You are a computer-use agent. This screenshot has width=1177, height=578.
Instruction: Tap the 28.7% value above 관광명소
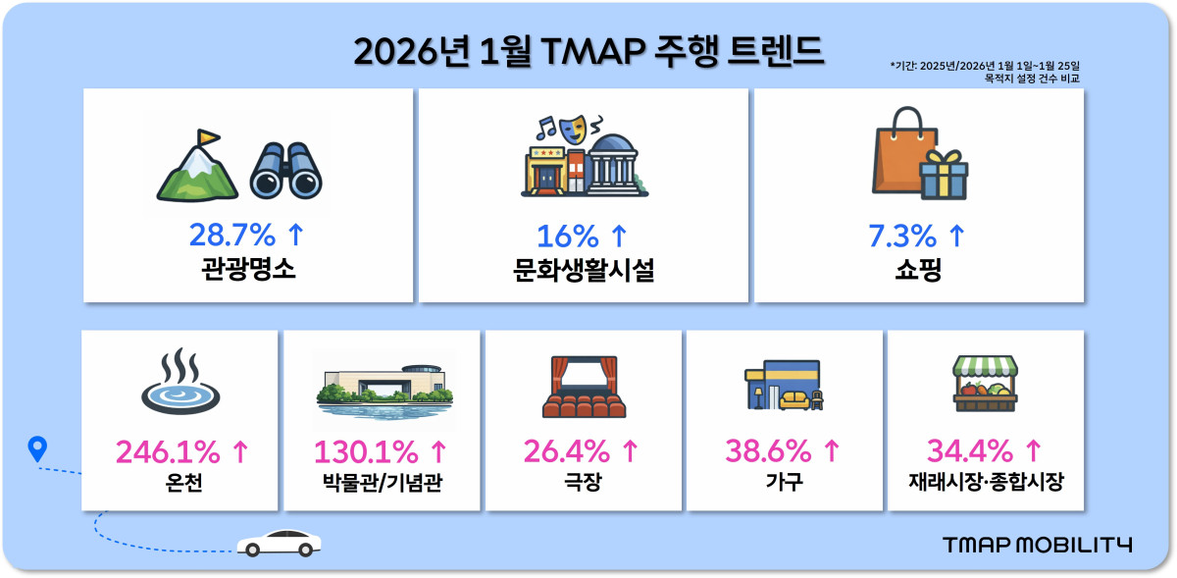pos(234,236)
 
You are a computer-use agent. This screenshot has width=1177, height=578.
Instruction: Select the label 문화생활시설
pos(584,271)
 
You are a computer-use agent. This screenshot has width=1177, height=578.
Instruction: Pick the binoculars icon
pos(286,170)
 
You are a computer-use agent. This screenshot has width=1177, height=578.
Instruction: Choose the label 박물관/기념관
pos(381,483)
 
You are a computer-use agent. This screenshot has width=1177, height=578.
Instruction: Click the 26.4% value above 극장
pos(570,451)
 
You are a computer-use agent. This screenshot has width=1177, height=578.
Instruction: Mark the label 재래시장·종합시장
pos(985,483)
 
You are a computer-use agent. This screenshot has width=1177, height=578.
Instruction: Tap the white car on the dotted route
pos(279,543)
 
